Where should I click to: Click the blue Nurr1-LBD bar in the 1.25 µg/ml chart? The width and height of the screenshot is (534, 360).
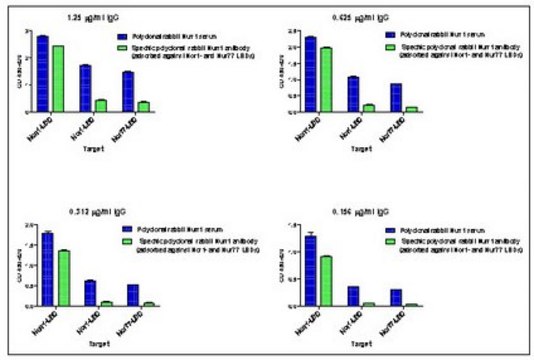(x=42, y=74)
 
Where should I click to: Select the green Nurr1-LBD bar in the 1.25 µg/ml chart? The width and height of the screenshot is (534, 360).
(x=57, y=79)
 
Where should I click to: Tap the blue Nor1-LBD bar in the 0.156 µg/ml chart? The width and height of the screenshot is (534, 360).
(x=353, y=296)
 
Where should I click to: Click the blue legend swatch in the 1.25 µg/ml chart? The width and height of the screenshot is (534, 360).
(x=121, y=35)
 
